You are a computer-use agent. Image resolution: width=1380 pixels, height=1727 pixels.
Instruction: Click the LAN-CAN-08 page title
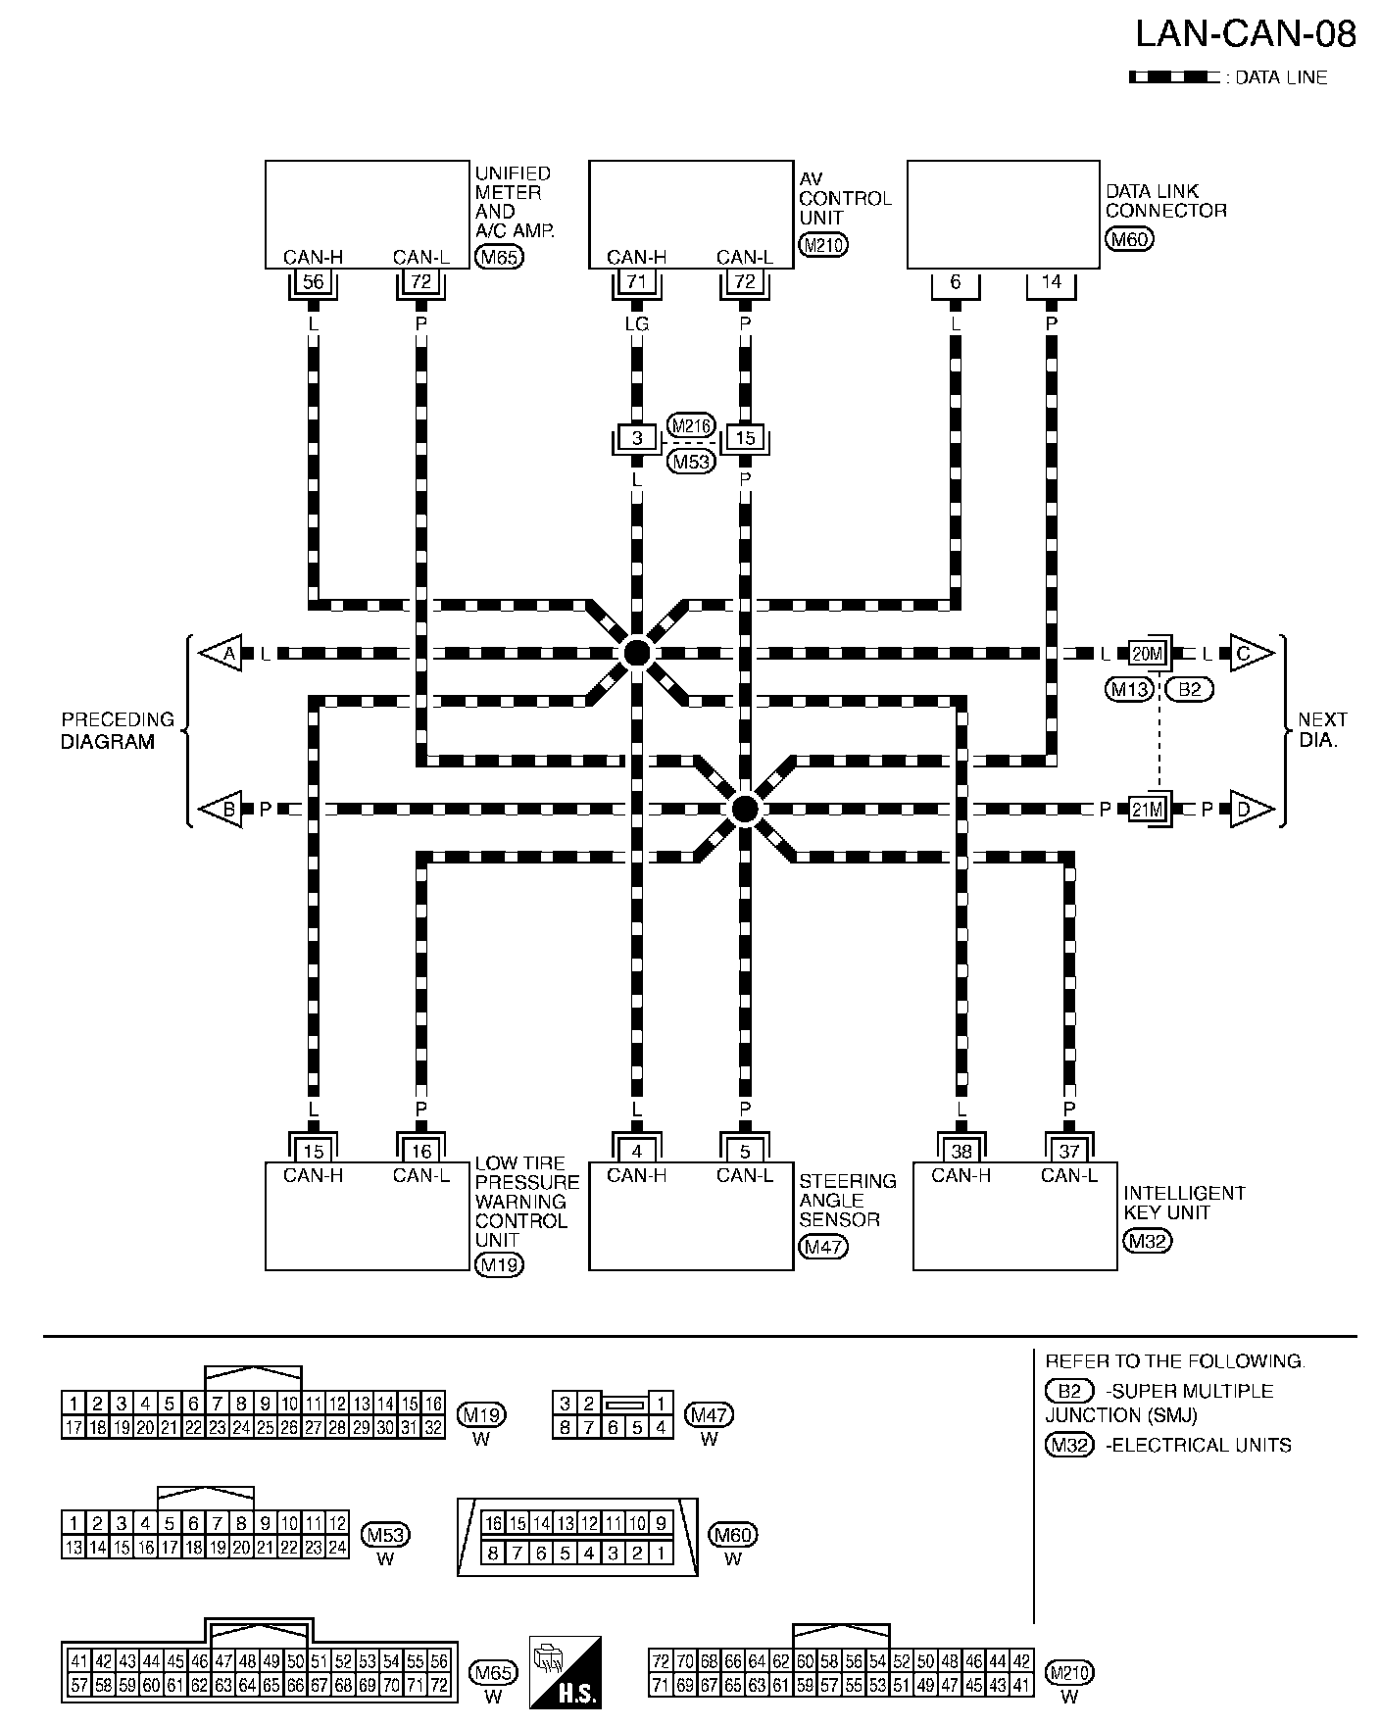tap(1245, 34)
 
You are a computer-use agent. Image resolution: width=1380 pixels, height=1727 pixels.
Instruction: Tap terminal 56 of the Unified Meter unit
tap(313, 282)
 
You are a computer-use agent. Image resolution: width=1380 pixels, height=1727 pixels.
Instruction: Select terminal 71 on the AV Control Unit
tap(636, 282)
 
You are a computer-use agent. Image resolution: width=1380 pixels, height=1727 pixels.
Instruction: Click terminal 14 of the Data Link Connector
tap(1051, 282)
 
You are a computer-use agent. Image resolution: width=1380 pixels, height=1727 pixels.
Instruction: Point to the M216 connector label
tap(691, 425)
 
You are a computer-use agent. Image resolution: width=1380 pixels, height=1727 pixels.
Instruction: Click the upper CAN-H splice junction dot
tap(636, 653)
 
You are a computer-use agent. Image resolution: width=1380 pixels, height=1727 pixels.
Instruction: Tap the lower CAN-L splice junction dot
tap(745, 809)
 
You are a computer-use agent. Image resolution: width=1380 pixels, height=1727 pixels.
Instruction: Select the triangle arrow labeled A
tap(222, 653)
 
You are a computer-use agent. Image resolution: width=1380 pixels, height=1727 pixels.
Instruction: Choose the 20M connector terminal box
tap(1147, 653)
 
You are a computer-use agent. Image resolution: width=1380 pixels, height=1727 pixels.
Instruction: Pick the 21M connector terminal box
tap(1147, 810)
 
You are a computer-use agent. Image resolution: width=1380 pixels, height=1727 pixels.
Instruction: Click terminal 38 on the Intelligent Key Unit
tap(961, 1152)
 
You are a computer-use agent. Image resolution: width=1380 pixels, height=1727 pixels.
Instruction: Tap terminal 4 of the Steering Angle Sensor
tap(636, 1152)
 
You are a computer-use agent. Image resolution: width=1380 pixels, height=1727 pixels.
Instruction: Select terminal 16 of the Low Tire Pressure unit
tap(420, 1152)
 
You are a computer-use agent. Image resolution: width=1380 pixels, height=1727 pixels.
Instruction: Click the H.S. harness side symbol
tap(565, 1672)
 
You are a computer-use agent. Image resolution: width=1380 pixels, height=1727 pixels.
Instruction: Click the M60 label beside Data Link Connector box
tap(1129, 238)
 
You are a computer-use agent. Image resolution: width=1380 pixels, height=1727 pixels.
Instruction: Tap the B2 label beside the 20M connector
tap(1189, 689)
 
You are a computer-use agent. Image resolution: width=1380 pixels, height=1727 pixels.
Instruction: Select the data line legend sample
tap(1174, 77)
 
